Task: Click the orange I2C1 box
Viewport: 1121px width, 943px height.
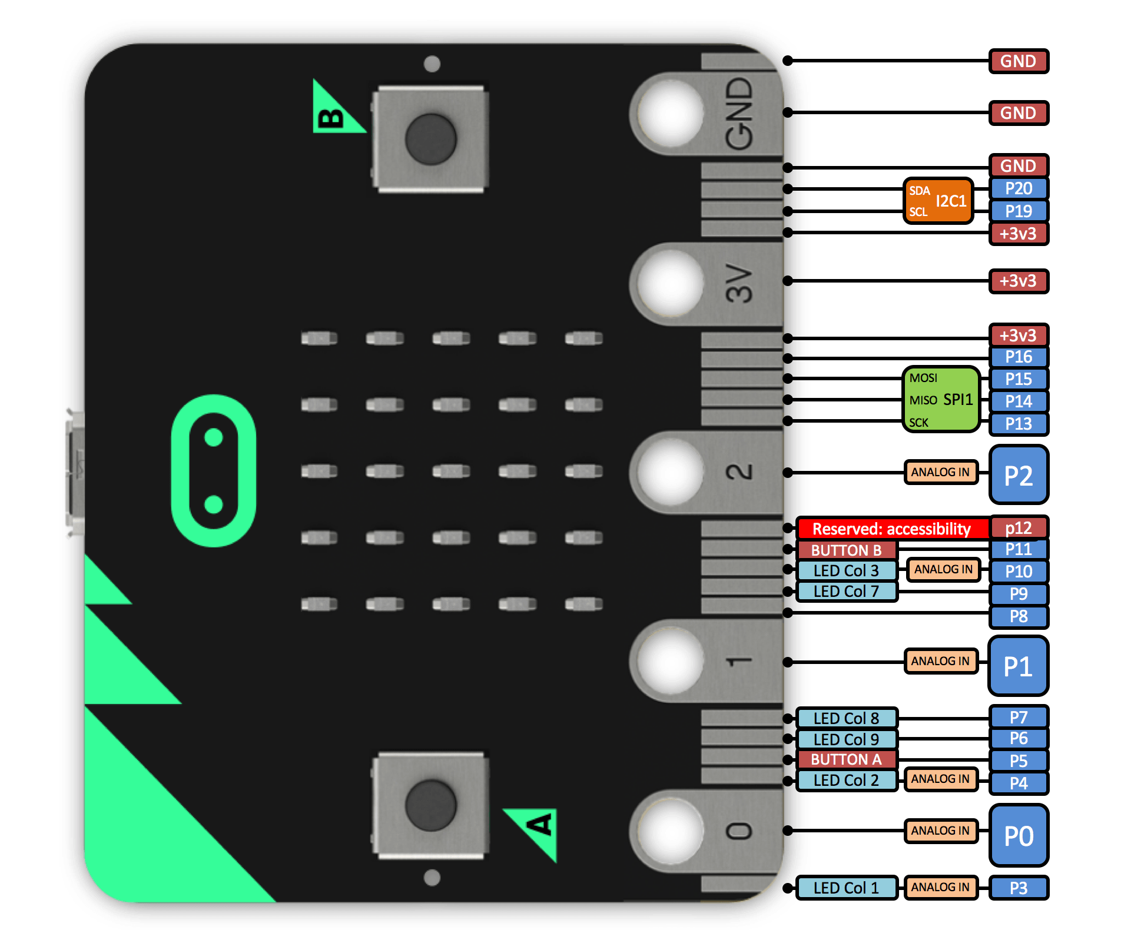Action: (x=938, y=201)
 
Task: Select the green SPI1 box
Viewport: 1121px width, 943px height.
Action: (x=941, y=400)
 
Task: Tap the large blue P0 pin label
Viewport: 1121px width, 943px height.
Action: (x=1019, y=835)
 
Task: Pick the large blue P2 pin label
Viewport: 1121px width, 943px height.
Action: (x=1019, y=475)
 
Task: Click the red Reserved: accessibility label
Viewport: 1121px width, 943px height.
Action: (x=891, y=529)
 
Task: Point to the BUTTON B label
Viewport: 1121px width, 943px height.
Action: (x=846, y=550)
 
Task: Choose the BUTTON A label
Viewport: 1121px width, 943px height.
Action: (x=846, y=759)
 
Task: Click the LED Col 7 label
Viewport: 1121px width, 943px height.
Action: (x=846, y=591)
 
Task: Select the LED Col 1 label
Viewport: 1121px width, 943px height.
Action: (x=846, y=888)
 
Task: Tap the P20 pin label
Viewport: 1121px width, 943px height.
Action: (x=1019, y=188)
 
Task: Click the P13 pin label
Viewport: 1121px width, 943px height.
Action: (x=1019, y=424)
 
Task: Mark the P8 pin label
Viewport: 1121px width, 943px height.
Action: (x=1019, y=616)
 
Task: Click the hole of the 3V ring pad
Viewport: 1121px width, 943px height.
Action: (x=670, y=284)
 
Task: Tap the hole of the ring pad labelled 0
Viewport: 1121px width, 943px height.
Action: (x=670, y=831)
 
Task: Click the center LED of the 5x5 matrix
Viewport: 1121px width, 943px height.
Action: (x=451, y=471)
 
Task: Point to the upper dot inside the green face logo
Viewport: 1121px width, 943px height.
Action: (x=213, y=438)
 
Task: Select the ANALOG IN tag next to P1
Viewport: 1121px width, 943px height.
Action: (x=940, y=661)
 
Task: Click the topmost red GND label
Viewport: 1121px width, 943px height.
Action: (x=1019, y=61)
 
